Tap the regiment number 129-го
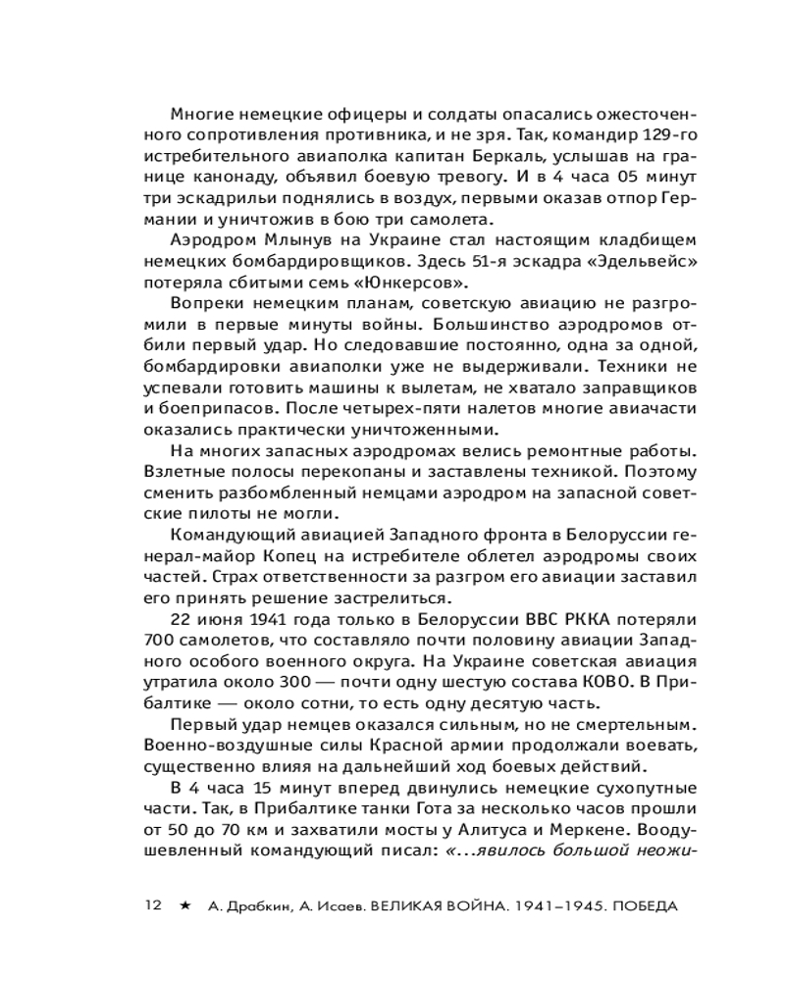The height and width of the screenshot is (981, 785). pyautogui.click(x=663, y=133)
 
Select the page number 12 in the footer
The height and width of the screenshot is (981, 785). pyautogui.click(x=152, y=905)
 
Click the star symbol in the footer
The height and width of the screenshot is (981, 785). pyautogui.click(x=183, y=905)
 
